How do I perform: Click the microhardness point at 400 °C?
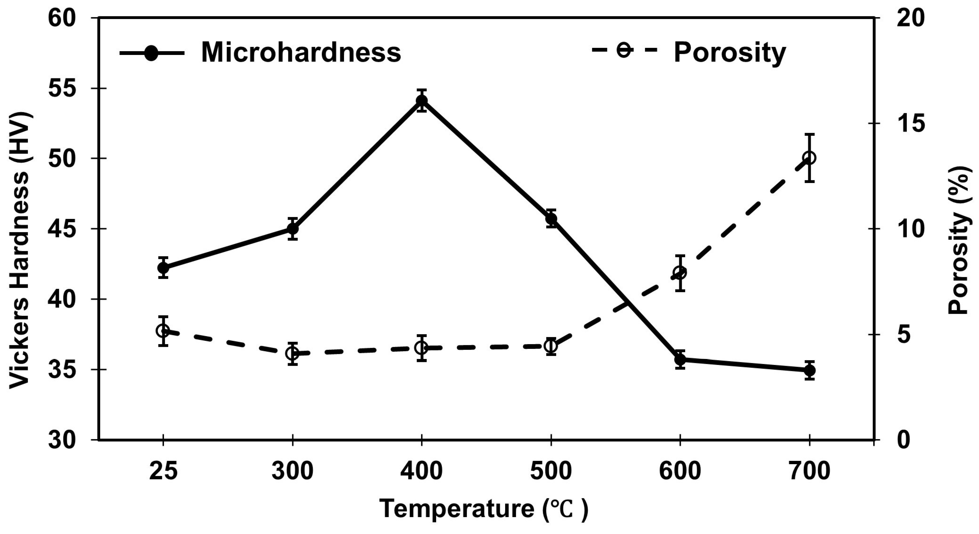tap(422, 101)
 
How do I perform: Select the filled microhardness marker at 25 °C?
tap(163, 267)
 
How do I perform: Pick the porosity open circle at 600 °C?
tap(680, 273)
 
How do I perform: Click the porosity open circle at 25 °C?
tap(163, 331)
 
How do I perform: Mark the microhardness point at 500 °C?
tap(551, 218)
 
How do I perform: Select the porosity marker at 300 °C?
tap(292, 353)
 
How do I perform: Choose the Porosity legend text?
tap(730, 53)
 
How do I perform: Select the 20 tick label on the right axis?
tap(912, 18)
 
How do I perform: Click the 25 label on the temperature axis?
tap(163, 472)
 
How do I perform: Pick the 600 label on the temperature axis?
tap(680, 472)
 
